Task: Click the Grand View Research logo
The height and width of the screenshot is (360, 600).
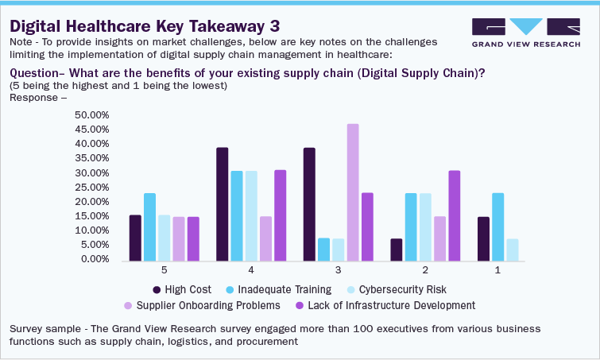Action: pyautogui.click(x=525, y=31)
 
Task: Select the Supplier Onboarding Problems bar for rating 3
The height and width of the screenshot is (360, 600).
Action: pyautogui.click(x=353, y=192)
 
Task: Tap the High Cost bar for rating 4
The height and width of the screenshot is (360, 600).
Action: pyautogui.click(x=223, y=204)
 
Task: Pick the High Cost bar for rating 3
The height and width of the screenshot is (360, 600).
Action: pyautogui.click(x=309, y=204)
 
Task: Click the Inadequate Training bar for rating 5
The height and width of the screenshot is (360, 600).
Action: pyautogui.click(x=150, y=226)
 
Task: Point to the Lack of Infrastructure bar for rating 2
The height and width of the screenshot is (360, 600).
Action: pyautogui.click(x=454, y=215)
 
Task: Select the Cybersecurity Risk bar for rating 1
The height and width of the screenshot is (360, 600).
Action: pyautogui.click(x=512, y=250)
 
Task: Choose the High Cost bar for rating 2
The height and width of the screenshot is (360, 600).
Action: pyautogui.click(x=396, y=250)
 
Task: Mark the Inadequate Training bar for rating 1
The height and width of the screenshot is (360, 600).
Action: pyautogui.click(x=497, y=226)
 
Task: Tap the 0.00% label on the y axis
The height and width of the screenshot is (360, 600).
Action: pyautogui.click(x=95, y=259)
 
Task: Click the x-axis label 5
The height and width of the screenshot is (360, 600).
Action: pyautogui.click(x=164, y=270)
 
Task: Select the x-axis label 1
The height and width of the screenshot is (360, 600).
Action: pyautogui.click(x=497, y=270)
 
